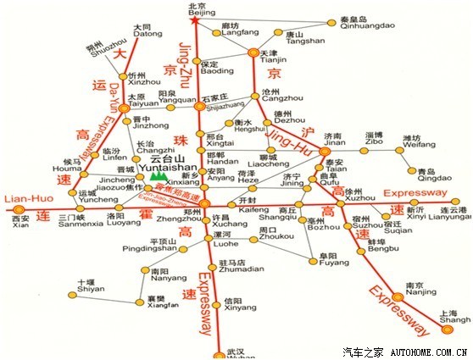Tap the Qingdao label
(x=428, y=176)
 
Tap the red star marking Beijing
(x=195, y=19)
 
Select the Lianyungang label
(x=448, y=215)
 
